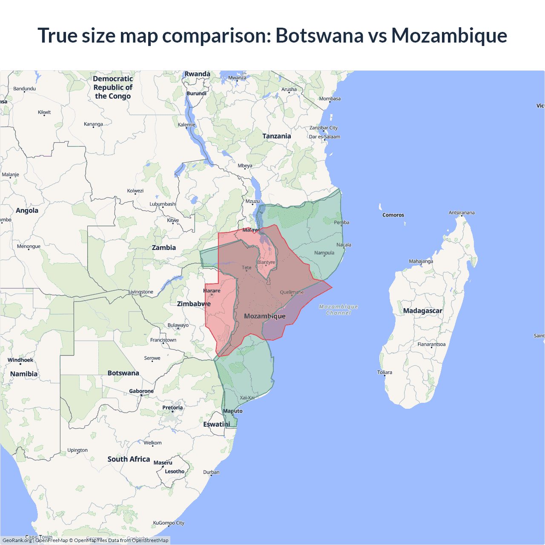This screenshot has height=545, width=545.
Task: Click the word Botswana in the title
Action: click(x=319, y=35)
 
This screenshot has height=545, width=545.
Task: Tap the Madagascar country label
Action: click(x=422, y=311)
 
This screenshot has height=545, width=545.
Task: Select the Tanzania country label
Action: click(x=276, y=136)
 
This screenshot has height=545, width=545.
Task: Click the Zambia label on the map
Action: click(x=164, y=248)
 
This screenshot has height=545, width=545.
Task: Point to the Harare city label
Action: click(x=212, y=291)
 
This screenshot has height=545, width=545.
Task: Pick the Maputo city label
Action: click(x=233, y=411)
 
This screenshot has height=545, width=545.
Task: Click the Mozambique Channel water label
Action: click(x=338, y=310)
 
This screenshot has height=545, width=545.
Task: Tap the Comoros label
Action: click(x=393, y=215)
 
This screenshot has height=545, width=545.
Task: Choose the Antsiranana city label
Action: click(x=462, y=212)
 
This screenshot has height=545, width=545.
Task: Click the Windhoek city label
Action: click(x=20, y=360)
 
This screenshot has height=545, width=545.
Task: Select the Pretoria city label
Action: click(x=172, y=408)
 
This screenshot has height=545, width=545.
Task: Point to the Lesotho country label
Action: click(x=175, y=471)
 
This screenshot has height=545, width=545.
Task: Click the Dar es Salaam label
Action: click(x=324, y=137)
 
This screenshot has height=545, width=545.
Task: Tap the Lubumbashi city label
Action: click(x=163, y=204)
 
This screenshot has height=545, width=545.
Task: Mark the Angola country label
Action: click(x=27, y=210)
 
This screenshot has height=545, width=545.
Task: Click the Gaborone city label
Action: click(x=141, y=391)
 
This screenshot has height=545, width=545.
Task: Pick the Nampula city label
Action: click(x=324, y=252)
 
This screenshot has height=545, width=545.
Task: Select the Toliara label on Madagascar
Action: click(x=384, y=372)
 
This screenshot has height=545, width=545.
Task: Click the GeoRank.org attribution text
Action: click(x=17, y=540)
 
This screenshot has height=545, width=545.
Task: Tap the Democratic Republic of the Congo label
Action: click(x=113, y=87)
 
